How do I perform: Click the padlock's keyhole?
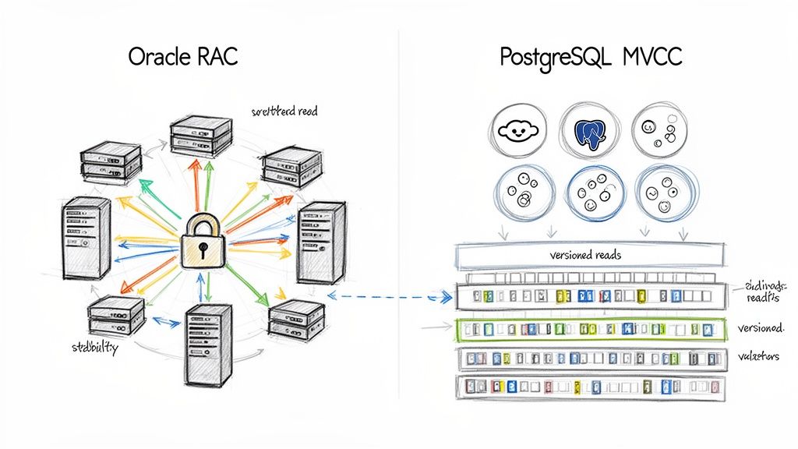pos(202,250)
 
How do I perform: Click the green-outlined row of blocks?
pos(591,329)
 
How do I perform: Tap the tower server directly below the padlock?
pos(207,341)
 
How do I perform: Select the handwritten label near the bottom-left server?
pos(89,348)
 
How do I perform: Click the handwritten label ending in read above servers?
pos(284,111)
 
